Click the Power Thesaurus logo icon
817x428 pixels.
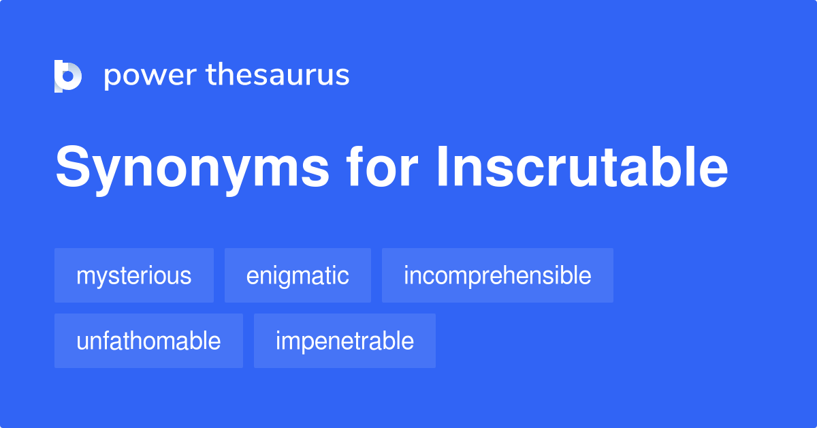click(x=68, y=76)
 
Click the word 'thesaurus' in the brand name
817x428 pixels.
click(x=278, y=76)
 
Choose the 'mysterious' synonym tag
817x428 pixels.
click(x=134, y=275)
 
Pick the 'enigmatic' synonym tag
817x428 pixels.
click(x=298, y=275)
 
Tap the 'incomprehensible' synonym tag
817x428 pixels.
click(x=498, y=275)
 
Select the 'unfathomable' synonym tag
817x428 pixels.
click(x=148, y=341)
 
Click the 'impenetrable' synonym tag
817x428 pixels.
click(x=345, y=341)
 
